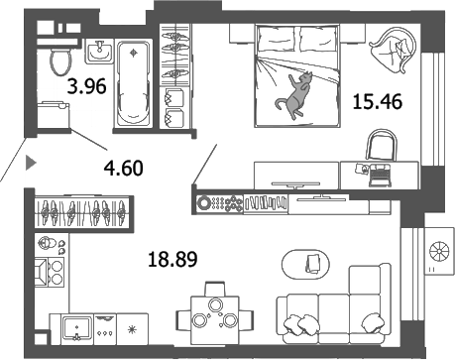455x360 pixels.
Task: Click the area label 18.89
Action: tap(165, 261)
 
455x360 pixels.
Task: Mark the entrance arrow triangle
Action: tap(31, 159)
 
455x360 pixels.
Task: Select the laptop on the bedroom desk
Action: tap(378, 170)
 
